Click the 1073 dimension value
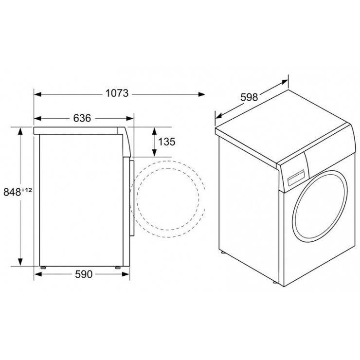pos(117,93)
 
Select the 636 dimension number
pos(82,118)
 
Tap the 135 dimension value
pos(167,142)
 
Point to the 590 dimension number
pos(84,274)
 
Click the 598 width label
pos(249,97)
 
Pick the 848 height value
pos(12,192)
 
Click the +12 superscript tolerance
pos(27,190)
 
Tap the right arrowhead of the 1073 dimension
pos(201,94)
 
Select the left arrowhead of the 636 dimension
pos(37,119)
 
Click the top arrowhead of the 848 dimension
pos(20,131)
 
